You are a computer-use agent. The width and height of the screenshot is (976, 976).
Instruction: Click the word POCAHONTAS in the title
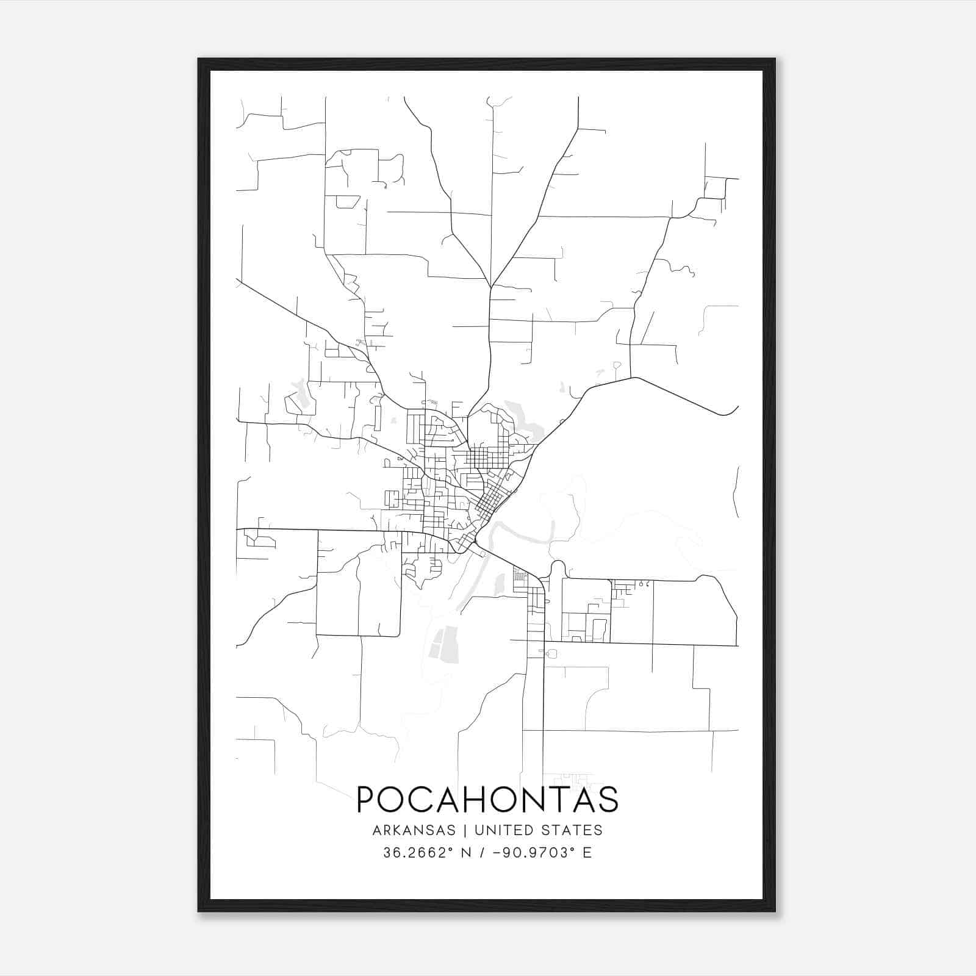click(x=487, y=799)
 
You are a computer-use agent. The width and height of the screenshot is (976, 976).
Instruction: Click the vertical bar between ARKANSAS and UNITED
click(x=465, y=830)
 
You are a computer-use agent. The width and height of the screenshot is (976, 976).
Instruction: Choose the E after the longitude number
click(x=587, y=852)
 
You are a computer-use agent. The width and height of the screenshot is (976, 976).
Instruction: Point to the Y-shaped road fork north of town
click(x=490, y=287)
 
